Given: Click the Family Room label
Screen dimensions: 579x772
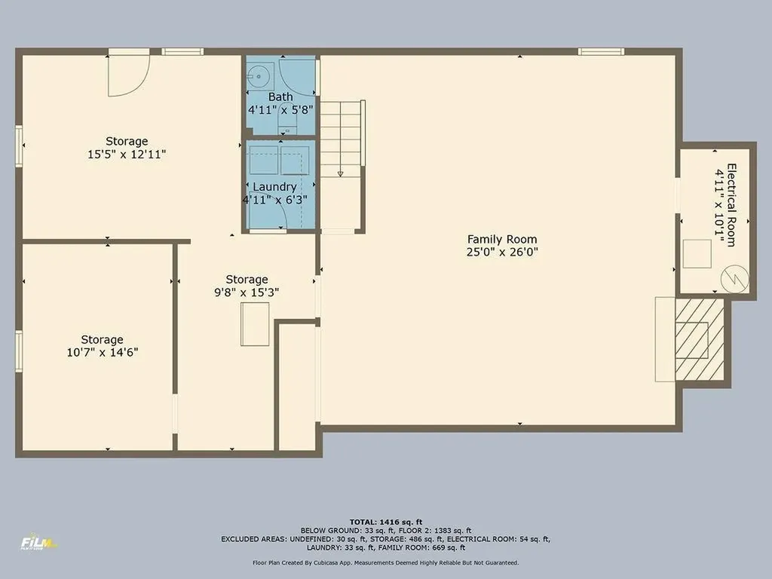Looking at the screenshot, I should [501, 239].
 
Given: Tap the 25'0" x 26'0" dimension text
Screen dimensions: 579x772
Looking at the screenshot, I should [501, 253].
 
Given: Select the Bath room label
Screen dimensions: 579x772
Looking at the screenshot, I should [280, 96].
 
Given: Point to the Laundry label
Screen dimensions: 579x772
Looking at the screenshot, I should [274, 187].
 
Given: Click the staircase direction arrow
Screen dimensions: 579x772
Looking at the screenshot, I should [341, 173].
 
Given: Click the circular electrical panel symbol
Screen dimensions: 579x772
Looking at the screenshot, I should [734, 279].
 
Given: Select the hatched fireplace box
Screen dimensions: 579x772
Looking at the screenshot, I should [691, 339].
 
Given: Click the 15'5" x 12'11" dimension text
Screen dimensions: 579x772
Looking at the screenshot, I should [127, 154].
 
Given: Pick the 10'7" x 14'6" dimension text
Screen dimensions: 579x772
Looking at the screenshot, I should [103, 352].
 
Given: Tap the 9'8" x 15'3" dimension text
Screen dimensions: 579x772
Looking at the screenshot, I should [247, 293].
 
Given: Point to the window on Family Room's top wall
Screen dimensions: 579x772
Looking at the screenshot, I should [601, 51].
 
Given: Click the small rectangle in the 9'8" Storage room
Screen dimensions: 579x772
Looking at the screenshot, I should [255, 323].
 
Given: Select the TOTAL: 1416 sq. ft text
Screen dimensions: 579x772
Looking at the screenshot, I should [385, 522].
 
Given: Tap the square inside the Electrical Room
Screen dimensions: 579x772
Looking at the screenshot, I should [697, 253].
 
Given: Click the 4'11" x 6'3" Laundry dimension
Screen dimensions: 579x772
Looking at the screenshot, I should [274, 200].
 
